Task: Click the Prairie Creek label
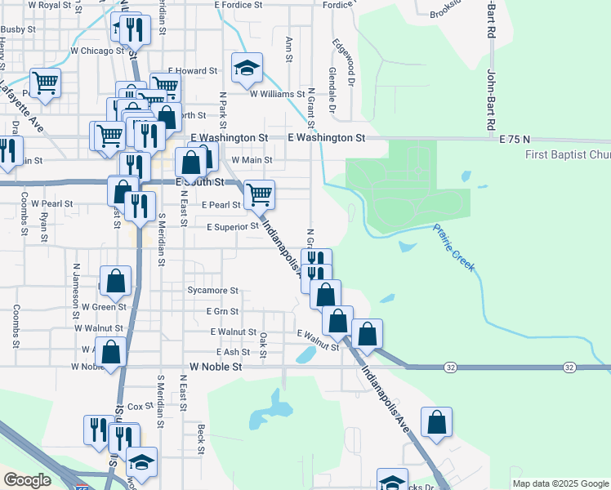pyautogui.click(x=454, y=247)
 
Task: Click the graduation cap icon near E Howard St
pyautogui.click(x=246, y=69)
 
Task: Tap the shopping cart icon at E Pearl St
pyautogui.click(x=259, y=194)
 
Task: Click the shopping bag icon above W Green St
pyautogui.click(x=116, y=281)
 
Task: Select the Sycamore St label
pyautogui.click(x=212, y=291)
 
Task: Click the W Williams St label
pyautogui.click(x=277, y=95)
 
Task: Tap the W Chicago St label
pyautogui.click(x=97, y=51)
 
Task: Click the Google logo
pyautogui.click(x=28, y=480)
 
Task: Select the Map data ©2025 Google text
pyautogui.click(x=560, y=483)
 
